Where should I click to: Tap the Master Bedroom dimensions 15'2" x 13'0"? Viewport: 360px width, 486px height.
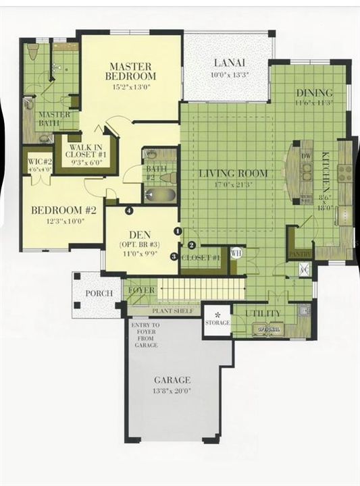pos(132,87)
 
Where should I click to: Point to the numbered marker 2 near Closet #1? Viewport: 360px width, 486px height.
pos(192,245)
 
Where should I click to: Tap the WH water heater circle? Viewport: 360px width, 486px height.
pos(236,253)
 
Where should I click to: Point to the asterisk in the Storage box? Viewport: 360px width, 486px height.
pos(217,315)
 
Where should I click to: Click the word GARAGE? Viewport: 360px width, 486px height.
pos(172,380)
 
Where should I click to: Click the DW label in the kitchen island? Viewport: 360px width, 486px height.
pos(307,155)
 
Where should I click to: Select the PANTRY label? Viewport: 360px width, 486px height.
pos(301,254)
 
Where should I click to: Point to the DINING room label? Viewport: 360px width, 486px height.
pos(314,92)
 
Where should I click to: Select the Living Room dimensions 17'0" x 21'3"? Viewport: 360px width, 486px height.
pos(232,184)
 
